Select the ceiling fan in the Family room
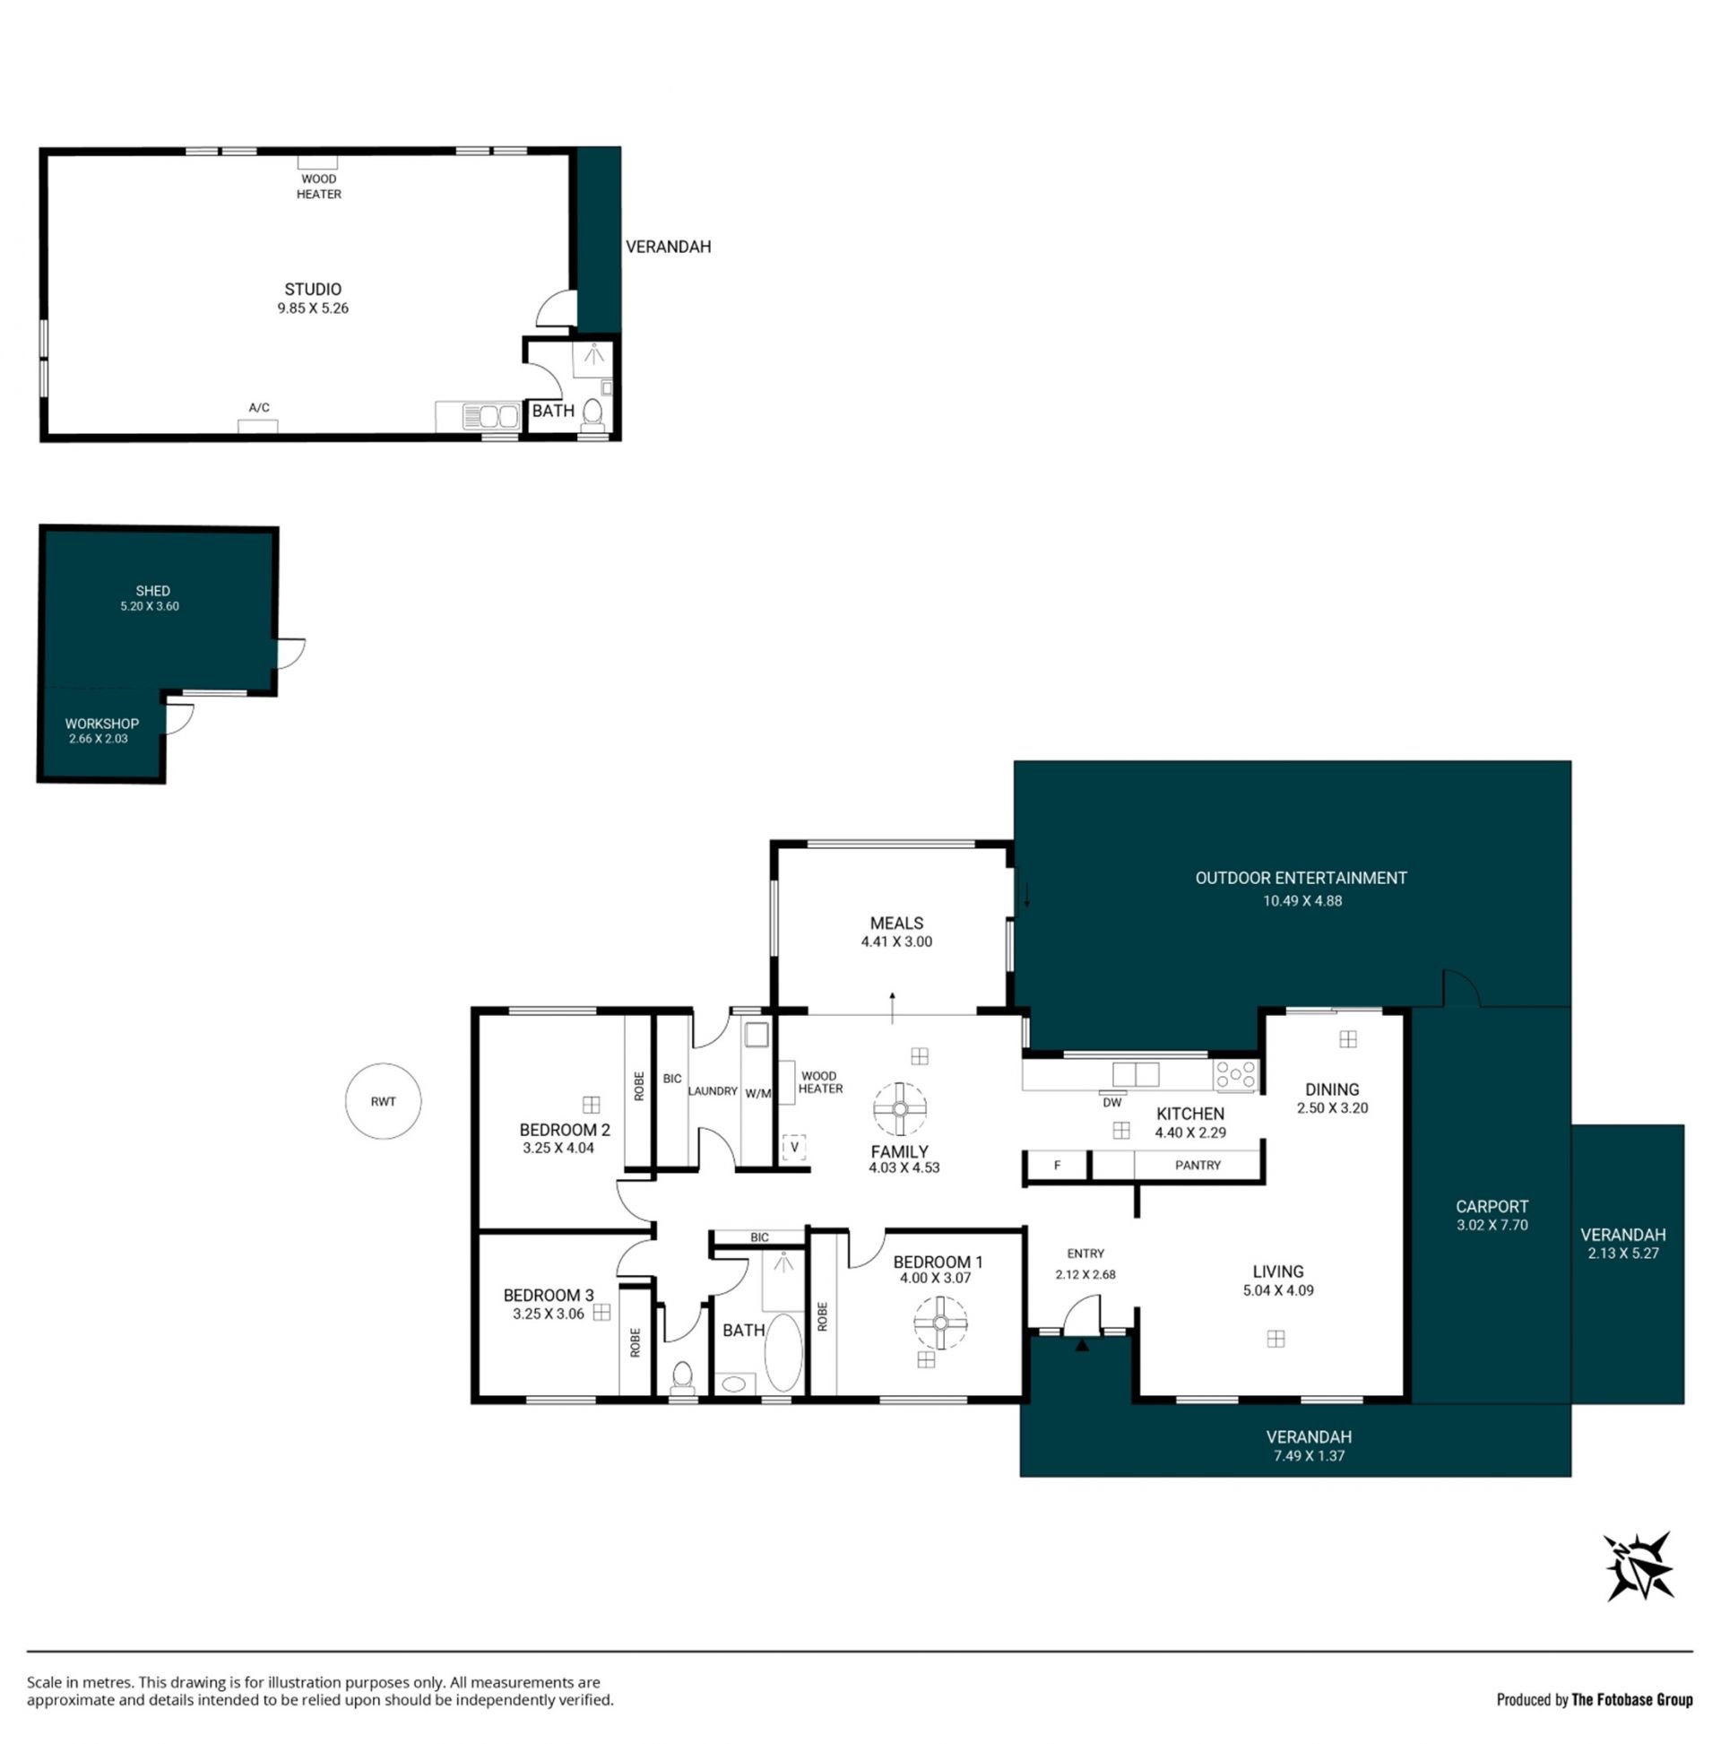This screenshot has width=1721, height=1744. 900,1108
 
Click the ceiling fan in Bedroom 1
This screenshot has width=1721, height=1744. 940,1323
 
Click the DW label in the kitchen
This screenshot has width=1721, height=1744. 1111,1102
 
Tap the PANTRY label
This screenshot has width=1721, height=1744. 1198,1166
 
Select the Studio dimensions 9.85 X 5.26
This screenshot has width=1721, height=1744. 313,308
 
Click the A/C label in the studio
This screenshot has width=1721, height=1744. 259,407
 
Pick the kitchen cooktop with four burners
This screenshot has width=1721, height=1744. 1234,1075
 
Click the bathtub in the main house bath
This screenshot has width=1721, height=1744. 783,1352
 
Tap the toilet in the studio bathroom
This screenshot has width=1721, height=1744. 592,414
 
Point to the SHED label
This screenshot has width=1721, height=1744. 152,591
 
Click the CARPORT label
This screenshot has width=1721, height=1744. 1492,1206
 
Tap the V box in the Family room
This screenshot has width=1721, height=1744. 794,1148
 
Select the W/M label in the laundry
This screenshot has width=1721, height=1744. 758,1093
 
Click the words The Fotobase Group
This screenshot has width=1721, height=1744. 1631,1700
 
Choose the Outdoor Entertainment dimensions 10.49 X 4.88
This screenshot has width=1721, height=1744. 1302,901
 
